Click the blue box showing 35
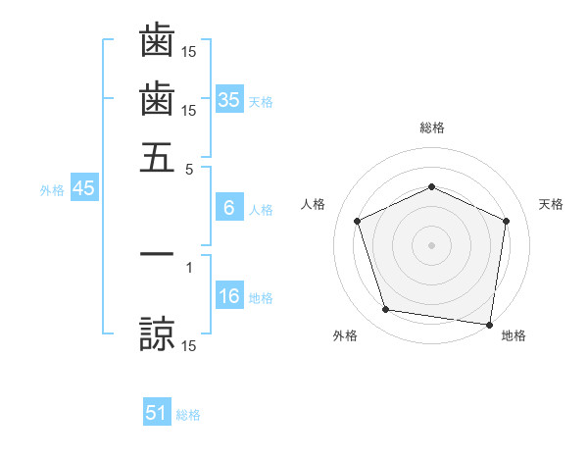(229, 100)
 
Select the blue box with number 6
(229, 208)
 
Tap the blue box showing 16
(229, 297)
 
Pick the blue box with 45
(83, 189)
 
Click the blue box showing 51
(157, 414)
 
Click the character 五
(157, 156)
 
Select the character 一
(157, 254)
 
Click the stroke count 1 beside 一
(189, 266)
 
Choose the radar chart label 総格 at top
(431, 128)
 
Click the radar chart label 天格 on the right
(552, 204)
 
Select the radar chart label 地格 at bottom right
(514, 336)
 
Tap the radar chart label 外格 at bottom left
(345, 336)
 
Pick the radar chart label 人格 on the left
(314, 204)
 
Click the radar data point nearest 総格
(431, 187)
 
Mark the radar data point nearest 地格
(490, 324)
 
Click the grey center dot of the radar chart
(431, 244)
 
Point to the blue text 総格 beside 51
(188, 415)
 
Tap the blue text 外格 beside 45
(52, 190)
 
